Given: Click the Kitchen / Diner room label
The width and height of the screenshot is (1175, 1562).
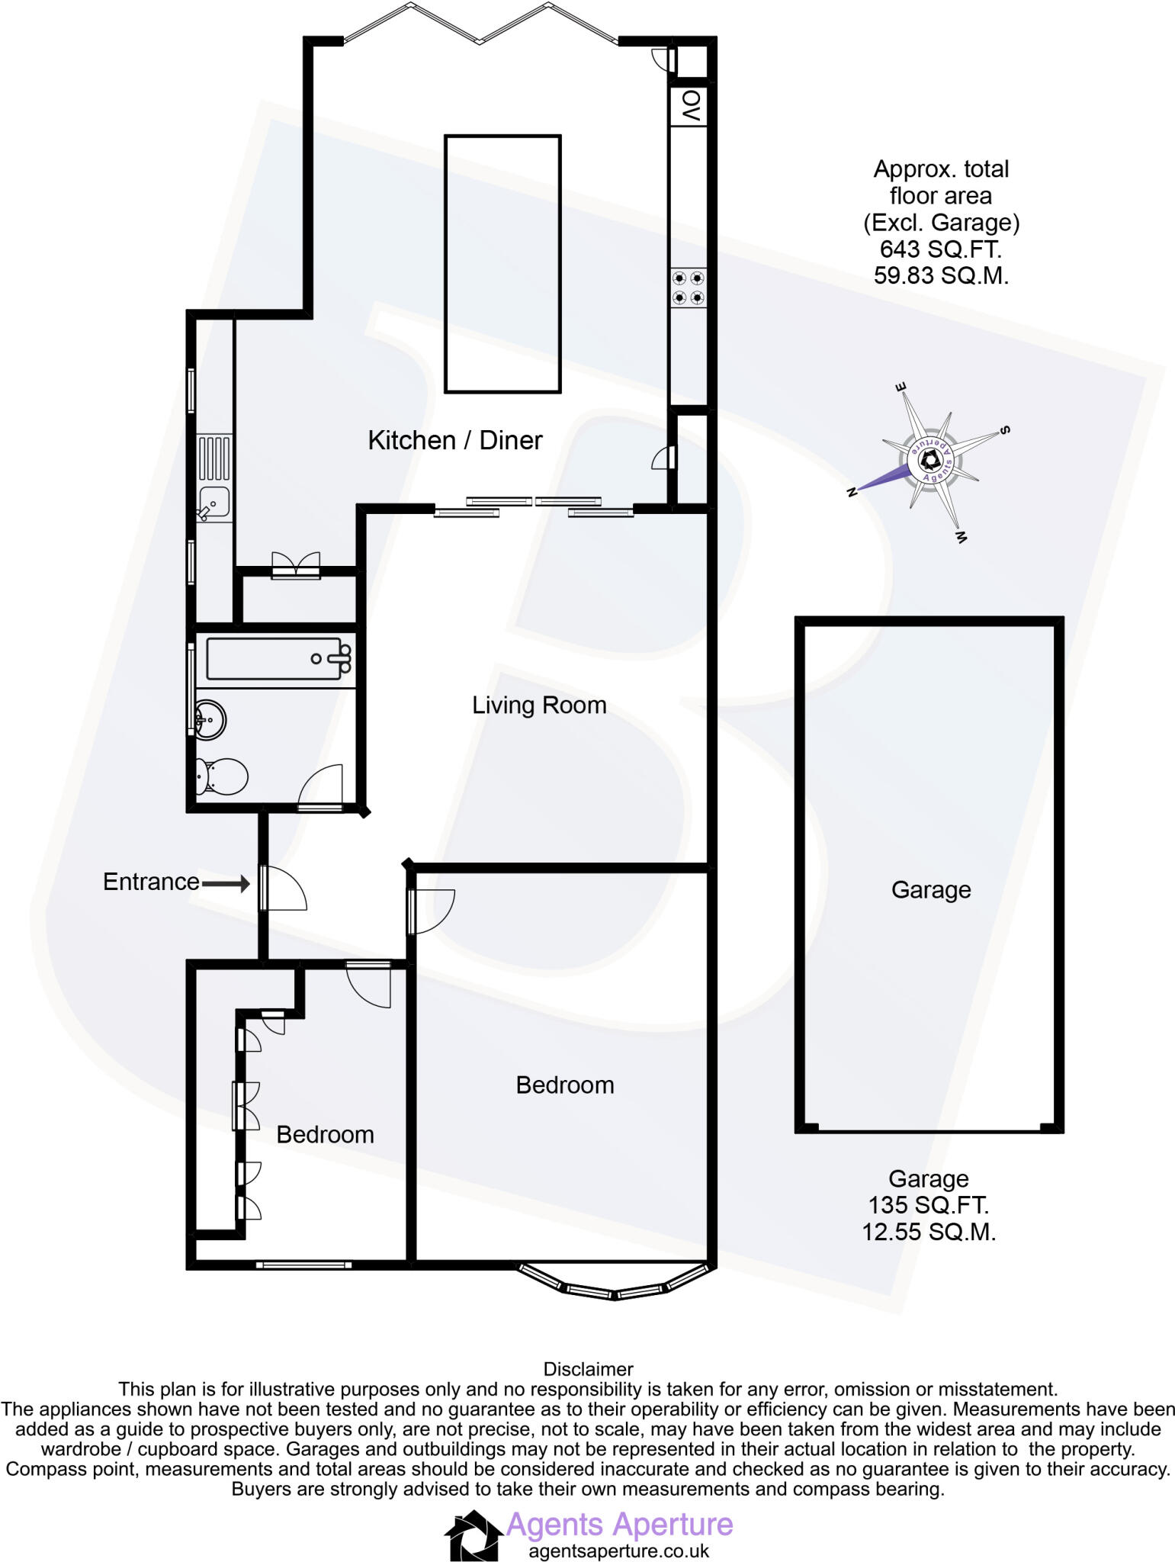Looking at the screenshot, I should coord(454,440).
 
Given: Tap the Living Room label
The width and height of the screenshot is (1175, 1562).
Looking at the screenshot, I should coord(539,705).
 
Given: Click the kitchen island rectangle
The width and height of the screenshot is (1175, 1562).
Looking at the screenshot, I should coord(502,264).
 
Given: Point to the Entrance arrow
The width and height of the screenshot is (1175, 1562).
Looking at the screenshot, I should coord(225,884).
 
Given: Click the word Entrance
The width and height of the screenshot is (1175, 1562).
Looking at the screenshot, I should coord(151,882).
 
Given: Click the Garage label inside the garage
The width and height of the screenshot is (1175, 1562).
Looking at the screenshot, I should coord(931,890).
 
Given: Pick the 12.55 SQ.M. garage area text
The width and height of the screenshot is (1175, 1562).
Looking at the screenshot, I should coord(929,1232).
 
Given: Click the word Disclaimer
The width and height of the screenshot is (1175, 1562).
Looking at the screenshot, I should coord(587,1369).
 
